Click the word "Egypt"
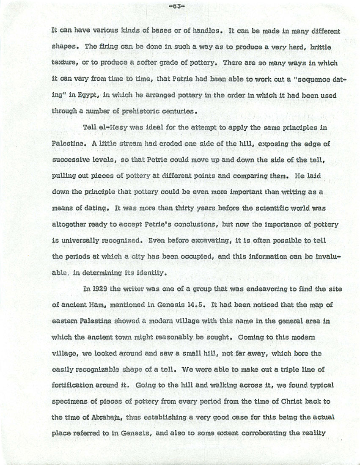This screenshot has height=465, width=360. pyautogui.click(x=89, y=96)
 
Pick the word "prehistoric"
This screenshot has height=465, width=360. pyautogui.click(x=145, y=112)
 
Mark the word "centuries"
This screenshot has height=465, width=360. pyautogui.click(x=180, y=112)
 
